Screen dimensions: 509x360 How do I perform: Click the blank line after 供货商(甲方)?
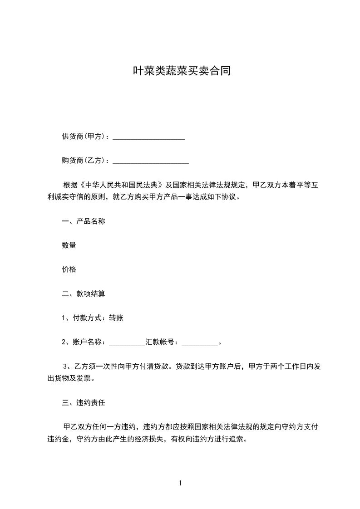(148, 137)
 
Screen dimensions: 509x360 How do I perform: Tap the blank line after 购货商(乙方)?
(150, 161)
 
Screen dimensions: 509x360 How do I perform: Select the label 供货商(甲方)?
(84, 137)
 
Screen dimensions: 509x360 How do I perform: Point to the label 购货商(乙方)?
(84, 161)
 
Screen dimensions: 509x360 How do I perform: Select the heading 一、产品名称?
(84, 221)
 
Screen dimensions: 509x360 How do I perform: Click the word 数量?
(69, 245)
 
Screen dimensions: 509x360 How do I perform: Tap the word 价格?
(69, 269)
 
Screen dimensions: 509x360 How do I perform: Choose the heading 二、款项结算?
(84, 294)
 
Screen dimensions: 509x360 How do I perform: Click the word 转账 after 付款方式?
(116, 318)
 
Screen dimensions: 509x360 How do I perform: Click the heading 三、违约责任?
(84, 402)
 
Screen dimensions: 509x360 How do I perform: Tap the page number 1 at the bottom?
(180, 484)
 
